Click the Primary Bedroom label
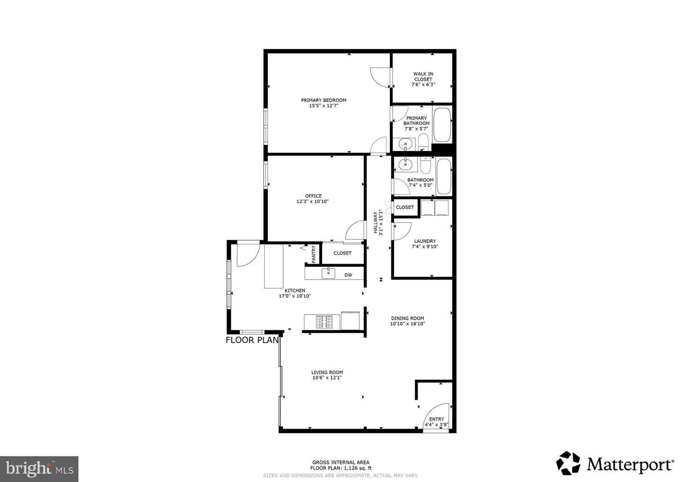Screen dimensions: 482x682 tap(323, 100)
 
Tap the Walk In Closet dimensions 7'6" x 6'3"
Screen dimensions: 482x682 tap(423, 85)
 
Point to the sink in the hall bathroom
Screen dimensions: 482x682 tap(405, 165)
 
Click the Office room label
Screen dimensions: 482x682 tap(313, 196)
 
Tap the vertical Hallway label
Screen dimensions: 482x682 tap(377, 222)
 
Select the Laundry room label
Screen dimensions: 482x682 tap(424, 241)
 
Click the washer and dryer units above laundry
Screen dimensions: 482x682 tap(435, 208)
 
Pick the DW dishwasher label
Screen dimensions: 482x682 tap(348, 275)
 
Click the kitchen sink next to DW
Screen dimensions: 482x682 tap(328, 273)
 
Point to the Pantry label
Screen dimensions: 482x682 tap(314, 254)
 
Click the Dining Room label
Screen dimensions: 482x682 tap(407, 318)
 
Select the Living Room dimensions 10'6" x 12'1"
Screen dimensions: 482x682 tap(327, 378)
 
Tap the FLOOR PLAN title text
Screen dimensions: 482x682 tap(252, 340)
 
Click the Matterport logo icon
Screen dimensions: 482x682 tap(568, 463)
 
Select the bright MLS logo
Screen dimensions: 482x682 tap(39, 469)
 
